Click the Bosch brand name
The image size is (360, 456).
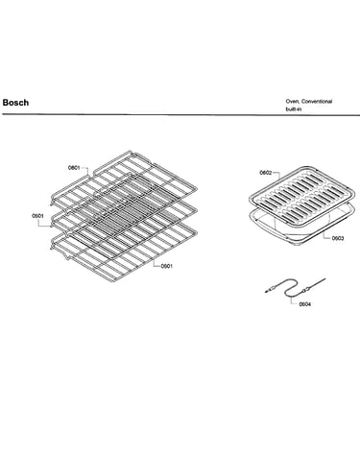(15, 103)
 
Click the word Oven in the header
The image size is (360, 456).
(293, 102)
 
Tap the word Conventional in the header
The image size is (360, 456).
(317, 102)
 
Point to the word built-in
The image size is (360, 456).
(294, 109)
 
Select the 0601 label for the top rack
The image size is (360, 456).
(74, 168)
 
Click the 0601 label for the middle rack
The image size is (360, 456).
(37, 216)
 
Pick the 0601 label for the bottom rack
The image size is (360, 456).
(166, 266)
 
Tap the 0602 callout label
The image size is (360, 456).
(265, 173)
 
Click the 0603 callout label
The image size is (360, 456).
(338, 238)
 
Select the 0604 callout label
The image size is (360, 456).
(304, 304)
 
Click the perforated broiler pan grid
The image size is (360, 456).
(301, 195)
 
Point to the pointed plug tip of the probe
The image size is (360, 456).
(266, 292)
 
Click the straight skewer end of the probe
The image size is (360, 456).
(317, 283)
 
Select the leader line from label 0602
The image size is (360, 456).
(277, 175)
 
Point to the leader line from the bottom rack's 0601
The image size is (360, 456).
(156, 264)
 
